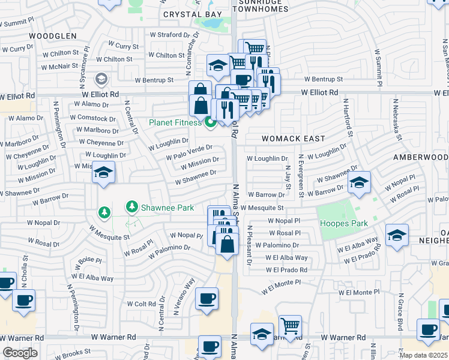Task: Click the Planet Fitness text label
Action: point(176,124)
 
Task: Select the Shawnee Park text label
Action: point(167,208)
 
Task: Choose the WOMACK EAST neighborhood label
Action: point(294,139)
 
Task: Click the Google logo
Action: point(20,353)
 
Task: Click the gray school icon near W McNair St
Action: point(101,79)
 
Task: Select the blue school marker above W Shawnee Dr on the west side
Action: point(103,173)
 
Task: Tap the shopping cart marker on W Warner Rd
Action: point(290,326)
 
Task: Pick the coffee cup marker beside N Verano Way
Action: point(206,299)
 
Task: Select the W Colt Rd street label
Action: point(142,304)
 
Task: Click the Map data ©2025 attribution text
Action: point(423,355)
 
